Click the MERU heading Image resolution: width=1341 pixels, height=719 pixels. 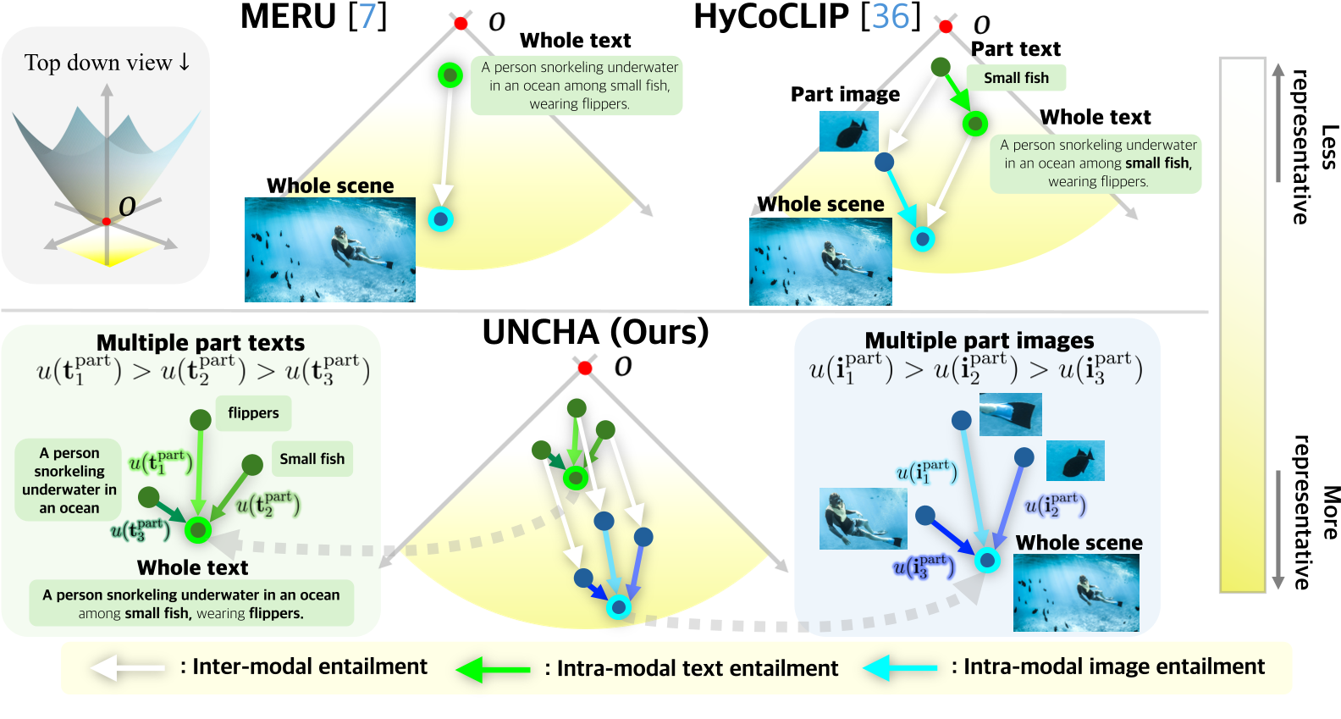[288, 17]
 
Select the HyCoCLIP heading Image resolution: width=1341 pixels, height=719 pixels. [770, 17]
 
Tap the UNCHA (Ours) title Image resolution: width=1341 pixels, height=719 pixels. [595, 332]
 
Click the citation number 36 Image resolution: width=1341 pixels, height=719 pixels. [890, 17]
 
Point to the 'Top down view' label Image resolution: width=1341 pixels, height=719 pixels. [107, 63]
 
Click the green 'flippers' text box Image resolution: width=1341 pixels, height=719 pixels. [253, 413]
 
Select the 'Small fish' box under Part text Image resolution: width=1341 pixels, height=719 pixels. [1016, 78]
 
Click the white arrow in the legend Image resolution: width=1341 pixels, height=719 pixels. [127, 667]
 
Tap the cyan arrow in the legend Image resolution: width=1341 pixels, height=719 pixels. [900, 668]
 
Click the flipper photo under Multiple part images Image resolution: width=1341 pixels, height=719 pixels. [1010, 415]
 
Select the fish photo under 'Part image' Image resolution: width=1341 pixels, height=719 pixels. [848, 132]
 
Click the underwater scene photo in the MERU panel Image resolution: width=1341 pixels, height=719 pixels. [330, 250]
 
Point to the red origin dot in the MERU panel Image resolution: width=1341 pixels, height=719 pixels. [461, 23]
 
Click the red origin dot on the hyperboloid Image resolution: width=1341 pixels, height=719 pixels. [107, 222]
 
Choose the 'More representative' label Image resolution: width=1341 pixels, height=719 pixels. [1315, 512]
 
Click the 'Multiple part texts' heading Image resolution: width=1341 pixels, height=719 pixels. [201, 342]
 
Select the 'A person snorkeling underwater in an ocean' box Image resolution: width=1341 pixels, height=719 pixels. [69, 480]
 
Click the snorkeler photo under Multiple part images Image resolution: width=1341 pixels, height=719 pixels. [864, 518]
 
